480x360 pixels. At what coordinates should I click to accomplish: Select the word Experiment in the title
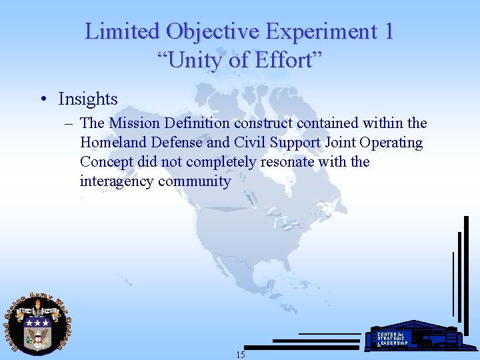[321, 31]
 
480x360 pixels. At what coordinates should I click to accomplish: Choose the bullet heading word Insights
[88, 99]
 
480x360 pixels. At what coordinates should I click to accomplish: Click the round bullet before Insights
[43, 100]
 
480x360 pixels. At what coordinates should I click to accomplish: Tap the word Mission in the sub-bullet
[135, 123]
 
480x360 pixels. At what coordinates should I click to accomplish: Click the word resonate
[287, 162]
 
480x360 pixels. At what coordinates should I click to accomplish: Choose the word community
[195, 181]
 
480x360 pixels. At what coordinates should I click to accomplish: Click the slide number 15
[240, 355]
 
